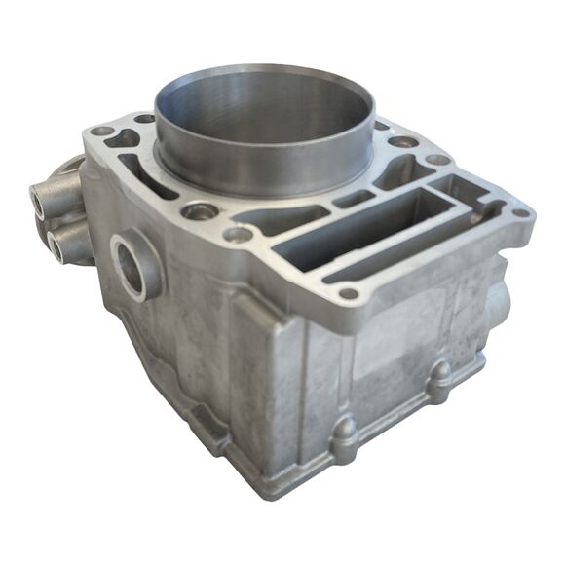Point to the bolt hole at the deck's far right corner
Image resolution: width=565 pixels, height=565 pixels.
point(522,213)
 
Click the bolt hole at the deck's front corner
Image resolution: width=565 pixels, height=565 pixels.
point(348,293)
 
